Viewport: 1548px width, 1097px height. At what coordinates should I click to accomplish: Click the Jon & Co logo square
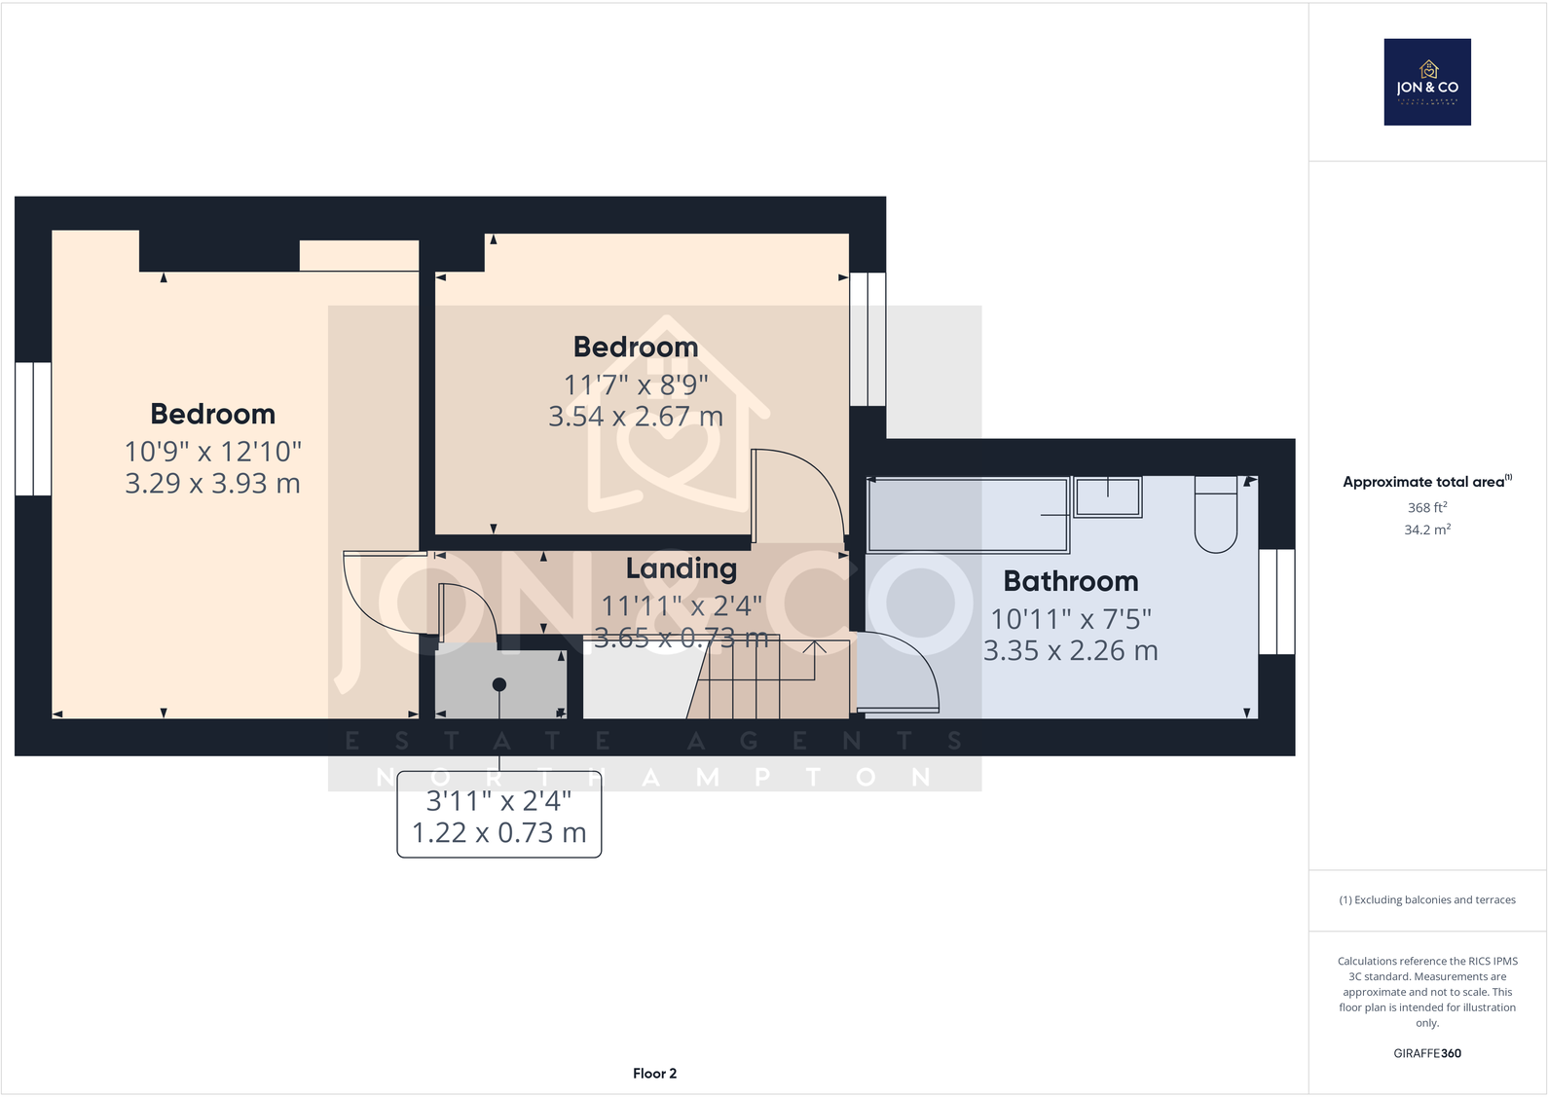tap(1427, 82)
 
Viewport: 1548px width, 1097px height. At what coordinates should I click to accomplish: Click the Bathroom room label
tap(1070, 581)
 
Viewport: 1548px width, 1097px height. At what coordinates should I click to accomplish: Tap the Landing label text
tap(681, 568)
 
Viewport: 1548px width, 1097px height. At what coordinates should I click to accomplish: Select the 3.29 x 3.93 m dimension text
tap(212, 484)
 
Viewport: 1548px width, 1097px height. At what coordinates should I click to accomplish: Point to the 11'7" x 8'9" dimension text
tap(636, 385)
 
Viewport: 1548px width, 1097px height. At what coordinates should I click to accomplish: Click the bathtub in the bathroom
tap(968, 515)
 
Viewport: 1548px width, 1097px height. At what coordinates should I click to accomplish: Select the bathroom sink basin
tap(1108, 497)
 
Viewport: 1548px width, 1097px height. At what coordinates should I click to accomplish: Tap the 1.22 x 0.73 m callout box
tap(499, 818)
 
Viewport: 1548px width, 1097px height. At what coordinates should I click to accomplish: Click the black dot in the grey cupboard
tap(499, 684)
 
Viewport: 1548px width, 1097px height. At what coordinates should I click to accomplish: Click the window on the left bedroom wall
tap(33, 428)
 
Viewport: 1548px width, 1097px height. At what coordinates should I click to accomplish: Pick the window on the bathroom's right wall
tap(1276, 602)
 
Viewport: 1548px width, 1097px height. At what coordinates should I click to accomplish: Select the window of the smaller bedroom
tap(867, 339)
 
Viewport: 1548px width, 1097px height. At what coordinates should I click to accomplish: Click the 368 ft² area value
tap(1426, 507)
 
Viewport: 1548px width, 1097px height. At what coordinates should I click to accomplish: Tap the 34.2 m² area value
tap(1426, 530)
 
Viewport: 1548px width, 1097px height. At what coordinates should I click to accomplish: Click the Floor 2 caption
tap(654, 1074)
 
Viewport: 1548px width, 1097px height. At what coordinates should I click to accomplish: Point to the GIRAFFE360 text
tap(1426, 1053)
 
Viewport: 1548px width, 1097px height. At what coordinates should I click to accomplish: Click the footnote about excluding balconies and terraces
tap(1426, 899)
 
